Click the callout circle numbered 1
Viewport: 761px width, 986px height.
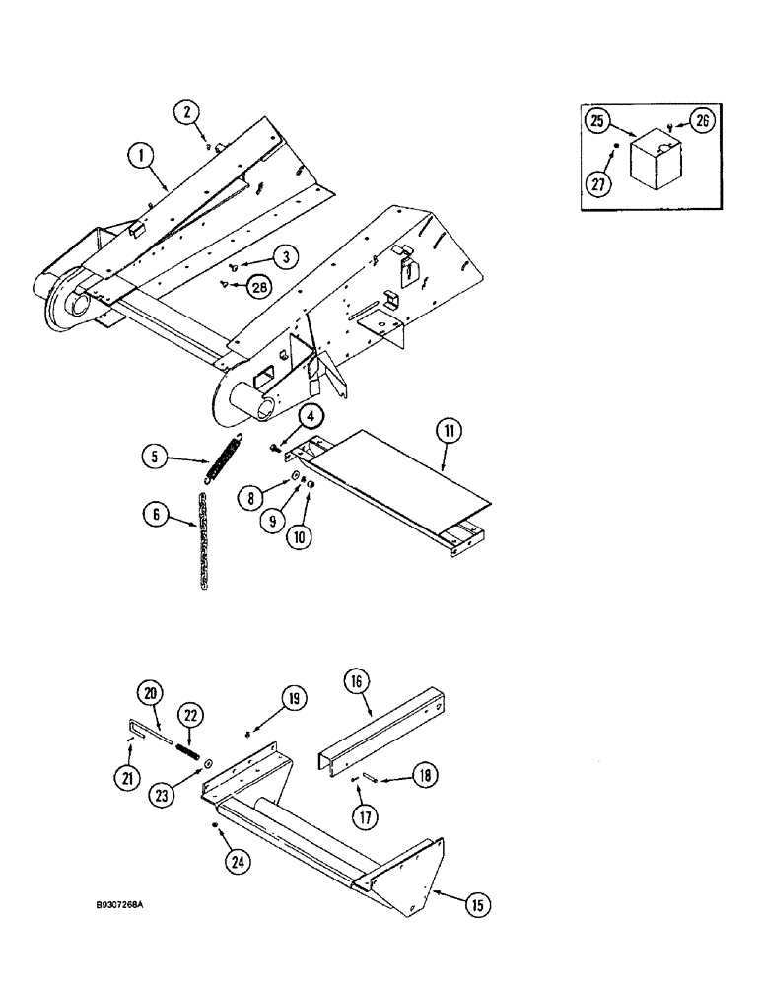[143, 155]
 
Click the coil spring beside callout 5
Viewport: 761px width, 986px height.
[224, 458]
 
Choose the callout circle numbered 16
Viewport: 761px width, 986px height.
[357, 681]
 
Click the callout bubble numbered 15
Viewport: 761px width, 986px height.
[477, 902]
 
